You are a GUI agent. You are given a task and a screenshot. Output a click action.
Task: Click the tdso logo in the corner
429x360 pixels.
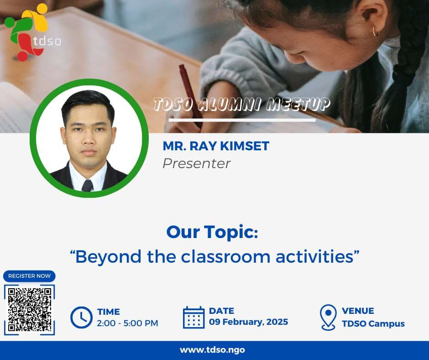tap(33, 32)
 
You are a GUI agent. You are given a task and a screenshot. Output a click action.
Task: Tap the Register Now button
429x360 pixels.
tap(29, 276)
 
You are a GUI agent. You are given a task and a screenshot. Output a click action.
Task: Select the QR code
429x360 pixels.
tap(29, 310)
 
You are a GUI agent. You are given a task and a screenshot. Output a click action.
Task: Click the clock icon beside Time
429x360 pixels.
tap(81, 318)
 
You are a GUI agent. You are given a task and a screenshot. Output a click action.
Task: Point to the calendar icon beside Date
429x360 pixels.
tap(194, 317)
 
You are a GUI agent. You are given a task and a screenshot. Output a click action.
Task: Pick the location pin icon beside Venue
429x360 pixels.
tap(328, 317)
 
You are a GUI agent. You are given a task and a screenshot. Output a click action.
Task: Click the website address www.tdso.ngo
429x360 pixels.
tap(212, 350)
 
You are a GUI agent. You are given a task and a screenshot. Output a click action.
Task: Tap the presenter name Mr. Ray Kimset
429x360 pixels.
tap(216, 146)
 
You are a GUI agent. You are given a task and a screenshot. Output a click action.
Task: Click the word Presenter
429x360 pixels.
tap(196, 164)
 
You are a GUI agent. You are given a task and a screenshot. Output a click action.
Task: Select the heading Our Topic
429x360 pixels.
tap(212, 232)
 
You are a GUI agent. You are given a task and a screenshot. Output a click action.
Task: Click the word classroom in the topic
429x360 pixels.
tap(226, 257)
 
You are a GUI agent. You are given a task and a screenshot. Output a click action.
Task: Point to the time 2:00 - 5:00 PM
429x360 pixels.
tap(127, 323)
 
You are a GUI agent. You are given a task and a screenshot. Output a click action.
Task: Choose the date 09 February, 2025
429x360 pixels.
tap(248, 322)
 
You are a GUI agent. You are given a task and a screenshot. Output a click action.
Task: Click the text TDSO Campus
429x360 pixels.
tap(373, 324)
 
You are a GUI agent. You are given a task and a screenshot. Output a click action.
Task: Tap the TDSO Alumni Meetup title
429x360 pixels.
tap(241, 104)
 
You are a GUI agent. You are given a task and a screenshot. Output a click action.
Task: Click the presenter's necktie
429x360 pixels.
tap(87, 186)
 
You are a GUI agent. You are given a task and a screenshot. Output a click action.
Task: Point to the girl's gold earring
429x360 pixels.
tap(376, 31)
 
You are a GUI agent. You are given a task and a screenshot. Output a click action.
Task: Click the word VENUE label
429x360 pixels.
tap(358, 311)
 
